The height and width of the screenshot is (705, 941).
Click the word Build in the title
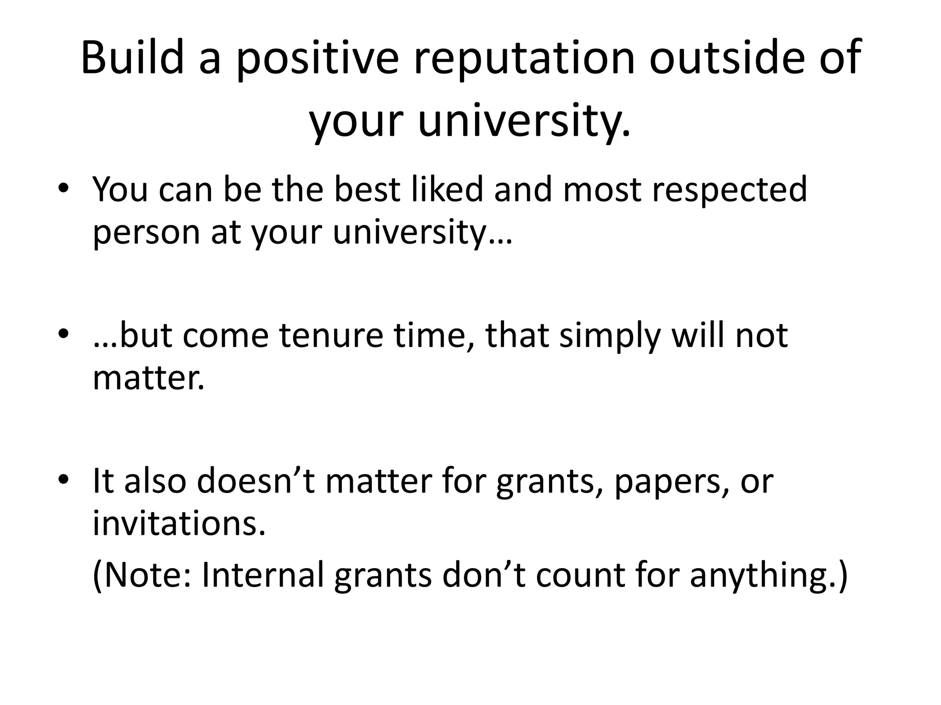pos(132,57)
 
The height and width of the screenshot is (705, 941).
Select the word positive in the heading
pos(317,60)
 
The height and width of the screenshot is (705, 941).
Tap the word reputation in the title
pos(524,60)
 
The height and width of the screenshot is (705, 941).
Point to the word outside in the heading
pos(726,57)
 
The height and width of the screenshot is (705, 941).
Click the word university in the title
pos(524,122)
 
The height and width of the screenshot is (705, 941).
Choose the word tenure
pos(331,336)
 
